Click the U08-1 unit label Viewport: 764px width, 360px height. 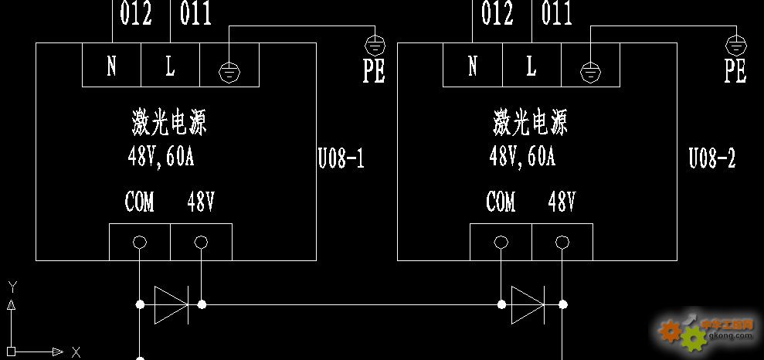pos(341,159)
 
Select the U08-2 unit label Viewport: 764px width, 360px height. pos(712,159)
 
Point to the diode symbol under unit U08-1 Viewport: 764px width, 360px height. pos(171,305)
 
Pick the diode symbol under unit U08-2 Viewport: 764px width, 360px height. pos(528,305)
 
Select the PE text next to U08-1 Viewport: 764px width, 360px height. pos(374,71)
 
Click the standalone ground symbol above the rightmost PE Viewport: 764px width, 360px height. pos(735,46)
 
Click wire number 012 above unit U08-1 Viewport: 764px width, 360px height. pos(136,13)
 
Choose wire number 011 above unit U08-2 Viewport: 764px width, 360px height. pos(556,13)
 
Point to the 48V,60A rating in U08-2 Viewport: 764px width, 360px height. pos(522,157)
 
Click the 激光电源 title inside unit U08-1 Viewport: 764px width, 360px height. pos(169,122)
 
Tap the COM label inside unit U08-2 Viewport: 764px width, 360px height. pos(501,202)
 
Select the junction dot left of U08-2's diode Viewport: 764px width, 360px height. pos(501,304)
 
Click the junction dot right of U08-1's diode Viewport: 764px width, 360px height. pos(202,304)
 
